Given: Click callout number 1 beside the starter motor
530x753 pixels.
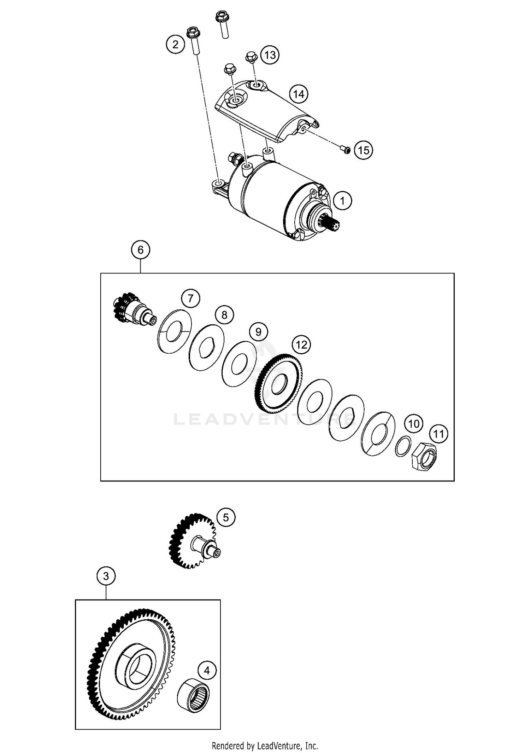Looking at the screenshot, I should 342,201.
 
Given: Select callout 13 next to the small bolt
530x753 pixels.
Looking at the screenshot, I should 270,55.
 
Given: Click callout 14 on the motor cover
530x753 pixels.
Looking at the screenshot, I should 299,94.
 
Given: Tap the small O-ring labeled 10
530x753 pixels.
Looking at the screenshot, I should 403,446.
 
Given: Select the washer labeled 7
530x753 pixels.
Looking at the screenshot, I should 174,331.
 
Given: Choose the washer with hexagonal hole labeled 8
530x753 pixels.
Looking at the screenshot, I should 206,347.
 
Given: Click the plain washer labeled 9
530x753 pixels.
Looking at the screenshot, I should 239,364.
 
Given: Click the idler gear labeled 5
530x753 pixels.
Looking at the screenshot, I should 191,541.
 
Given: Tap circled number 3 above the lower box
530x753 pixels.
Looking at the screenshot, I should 106,577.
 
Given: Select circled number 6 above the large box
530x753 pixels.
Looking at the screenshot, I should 141,250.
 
